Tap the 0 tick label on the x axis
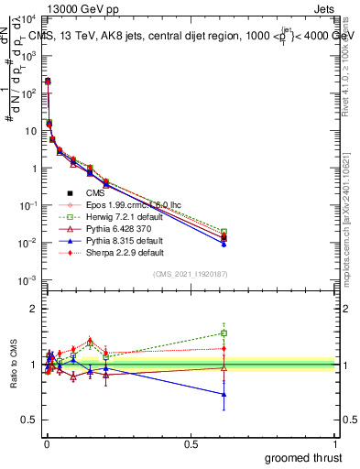point(46,444)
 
